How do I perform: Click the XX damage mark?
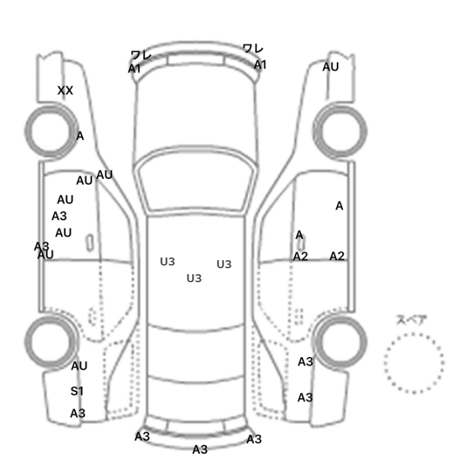(x=65, y=91)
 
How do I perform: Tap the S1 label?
(x=77, y=391)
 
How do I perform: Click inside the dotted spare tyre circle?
(x=414, y=363)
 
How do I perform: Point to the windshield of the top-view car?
(x=195, y=179)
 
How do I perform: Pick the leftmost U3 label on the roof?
(x=167, y=262)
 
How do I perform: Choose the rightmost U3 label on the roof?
(x=224, y=264)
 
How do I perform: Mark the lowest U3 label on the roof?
(x=194, y=278)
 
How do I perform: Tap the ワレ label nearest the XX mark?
(x=141, y=55)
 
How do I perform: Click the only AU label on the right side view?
(x=330, y=67)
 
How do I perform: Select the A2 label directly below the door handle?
(x=300, y=256)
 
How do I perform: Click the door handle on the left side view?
(x=89, y=243)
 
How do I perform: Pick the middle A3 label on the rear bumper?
(x=200, y=450)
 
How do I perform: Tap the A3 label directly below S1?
(x=78, y=414)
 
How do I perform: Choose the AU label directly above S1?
(x=79, y=366)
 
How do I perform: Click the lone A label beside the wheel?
(x=80, y=136)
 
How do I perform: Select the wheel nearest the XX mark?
(x=51, y=131)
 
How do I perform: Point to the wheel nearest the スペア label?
(x=340, y=342)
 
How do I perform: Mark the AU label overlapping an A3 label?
(x=45, y=255)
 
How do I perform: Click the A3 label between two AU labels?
(x=59, y=216)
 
